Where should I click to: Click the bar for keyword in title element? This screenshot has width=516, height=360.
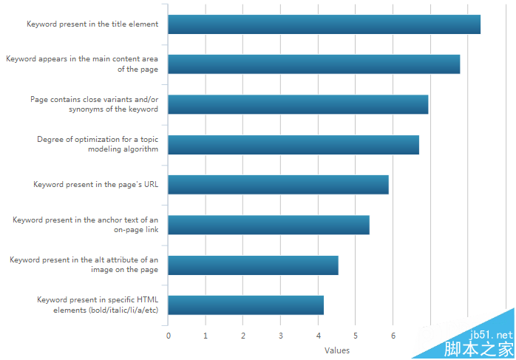pyautogui.click(x=324, y=24)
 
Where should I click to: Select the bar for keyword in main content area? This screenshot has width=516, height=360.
pyautogui.click(x=313, y=64)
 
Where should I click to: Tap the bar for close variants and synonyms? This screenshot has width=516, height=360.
pyautogui.click(x=298, y=104)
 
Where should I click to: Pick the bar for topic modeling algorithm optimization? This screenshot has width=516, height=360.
pyautogui.click(x=293, y=145)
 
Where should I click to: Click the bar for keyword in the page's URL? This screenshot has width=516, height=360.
pyautogui.click(x=278, y=185)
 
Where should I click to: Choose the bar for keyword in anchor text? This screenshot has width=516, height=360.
pyautogui.click(x=268, y=225)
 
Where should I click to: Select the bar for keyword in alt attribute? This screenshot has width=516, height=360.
pyautogui.click(x=253, y=265)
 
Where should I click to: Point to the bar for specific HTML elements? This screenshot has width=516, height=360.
pyautogui.click(x=245, y=305)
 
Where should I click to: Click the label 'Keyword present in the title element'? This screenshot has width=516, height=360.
pyautogui.click(x=92, y=24)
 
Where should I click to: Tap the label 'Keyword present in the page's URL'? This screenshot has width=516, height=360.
pyautogui.click(x=96, y=185)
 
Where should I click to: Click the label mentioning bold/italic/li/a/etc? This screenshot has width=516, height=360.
pyautogui.click(x=98, y=305)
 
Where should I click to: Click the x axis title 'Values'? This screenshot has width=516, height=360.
pyautogui.click(x=337, y=350)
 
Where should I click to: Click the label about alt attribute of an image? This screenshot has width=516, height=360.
pyautogui.click(x=84, y=265)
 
